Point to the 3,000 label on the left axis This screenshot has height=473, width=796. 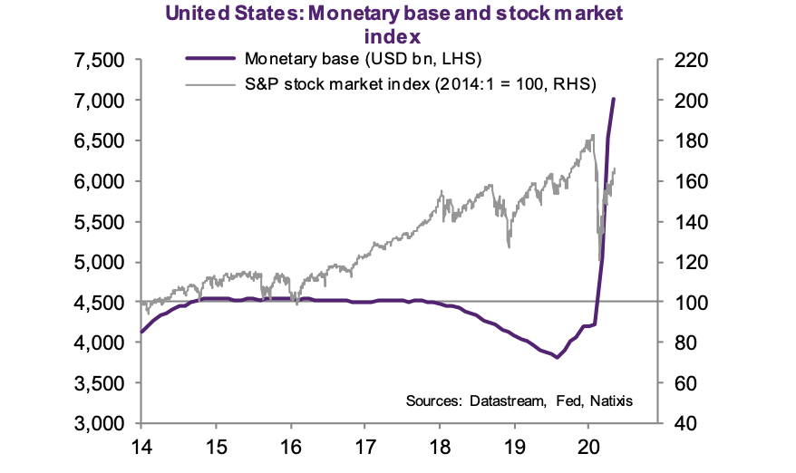point(99,423)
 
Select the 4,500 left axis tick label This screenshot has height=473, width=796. point(99,302)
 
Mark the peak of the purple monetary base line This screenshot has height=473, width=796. point(615,99)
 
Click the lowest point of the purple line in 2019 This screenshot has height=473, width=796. point(557,357)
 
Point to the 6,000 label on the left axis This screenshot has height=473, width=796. point(99,181)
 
